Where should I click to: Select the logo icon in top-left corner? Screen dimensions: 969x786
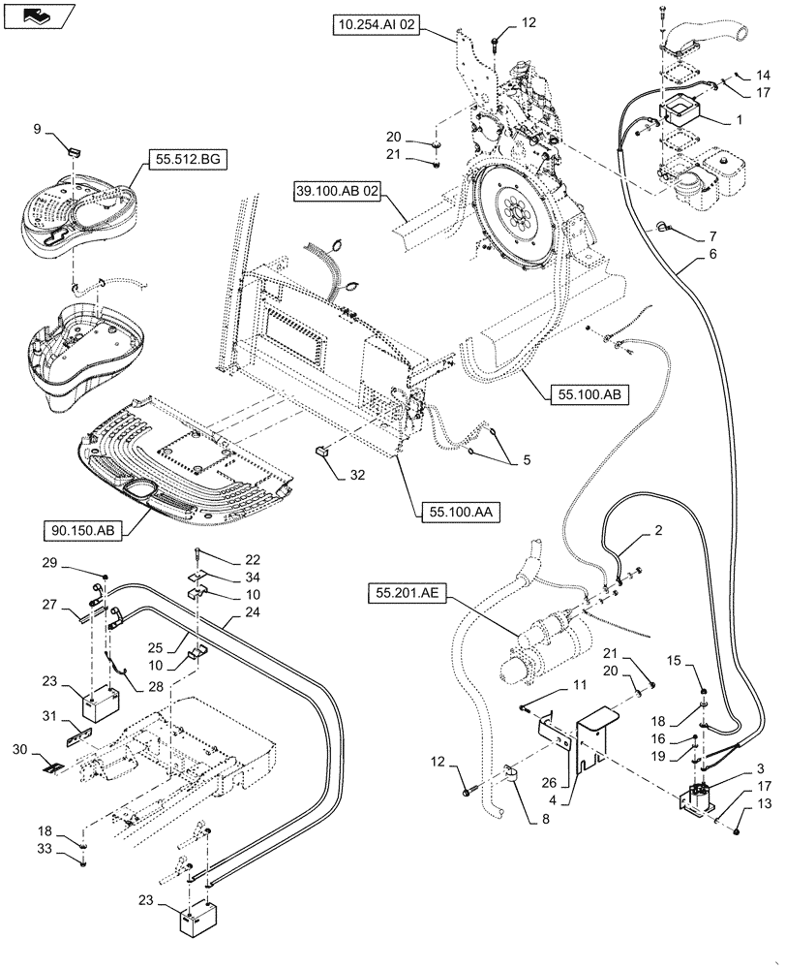coord(36,14)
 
